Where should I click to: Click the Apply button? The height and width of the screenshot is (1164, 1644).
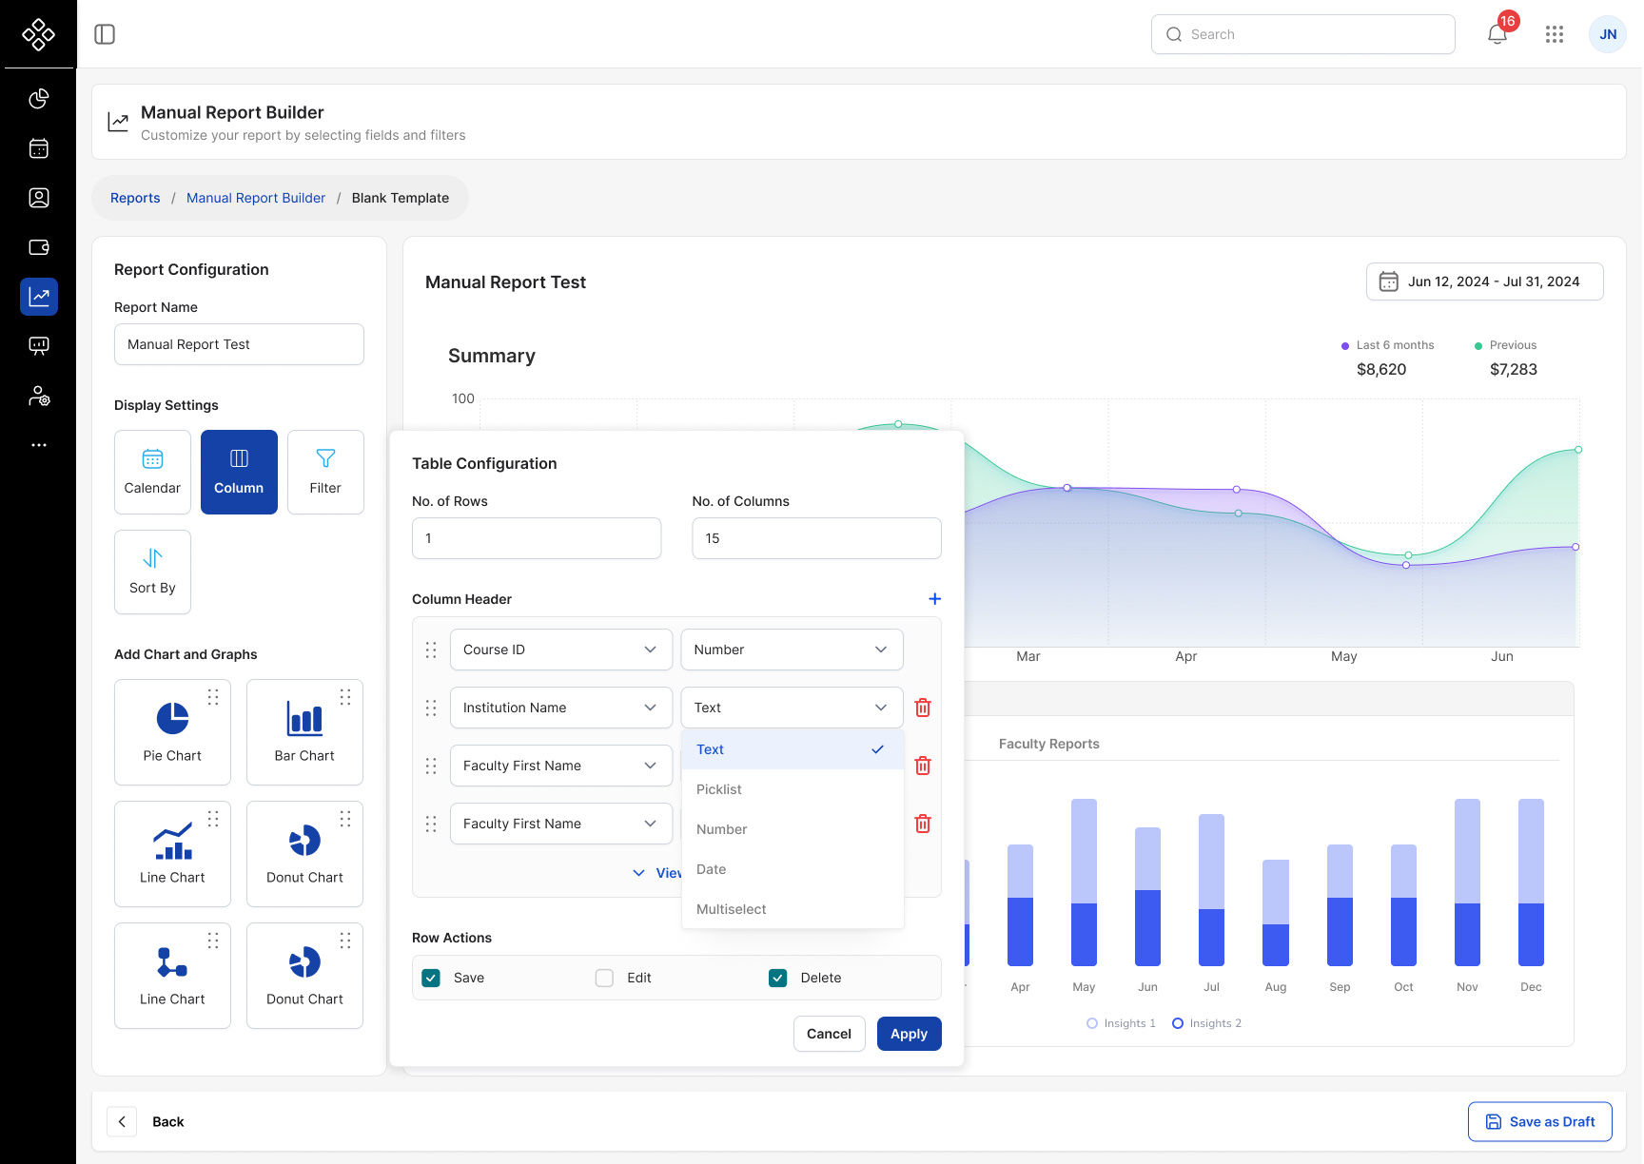coord(909,1034)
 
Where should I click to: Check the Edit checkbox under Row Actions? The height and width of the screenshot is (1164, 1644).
coord(604,978)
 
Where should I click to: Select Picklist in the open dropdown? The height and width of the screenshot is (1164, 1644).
coord(719,789)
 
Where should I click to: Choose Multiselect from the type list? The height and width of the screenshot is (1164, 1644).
coord(732,909)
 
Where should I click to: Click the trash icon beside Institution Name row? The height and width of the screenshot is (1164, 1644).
coord(923,708)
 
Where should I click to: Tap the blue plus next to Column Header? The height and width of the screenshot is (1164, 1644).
coord(934,599)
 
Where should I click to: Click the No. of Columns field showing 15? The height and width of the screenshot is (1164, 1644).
coord(816,538)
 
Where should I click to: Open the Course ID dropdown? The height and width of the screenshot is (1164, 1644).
coord(560,650)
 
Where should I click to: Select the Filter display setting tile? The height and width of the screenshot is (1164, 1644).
coord(325,472)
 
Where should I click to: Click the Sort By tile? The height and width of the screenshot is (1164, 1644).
coord(152,572)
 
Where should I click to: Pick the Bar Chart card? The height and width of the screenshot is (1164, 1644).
coord(304,731)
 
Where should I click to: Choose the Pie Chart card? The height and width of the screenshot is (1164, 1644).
coord(172,731)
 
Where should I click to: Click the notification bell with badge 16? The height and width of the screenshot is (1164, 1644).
coord(1497,34)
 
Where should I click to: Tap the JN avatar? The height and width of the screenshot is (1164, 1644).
coord(1608,34)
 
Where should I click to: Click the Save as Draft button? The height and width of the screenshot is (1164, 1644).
coord(1539,1121)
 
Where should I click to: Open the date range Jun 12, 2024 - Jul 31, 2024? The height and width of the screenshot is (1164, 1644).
coord(1484,281)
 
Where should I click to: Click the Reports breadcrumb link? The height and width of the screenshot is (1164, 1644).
coord(135,198)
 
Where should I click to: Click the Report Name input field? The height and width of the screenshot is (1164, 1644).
coord(239,344)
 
